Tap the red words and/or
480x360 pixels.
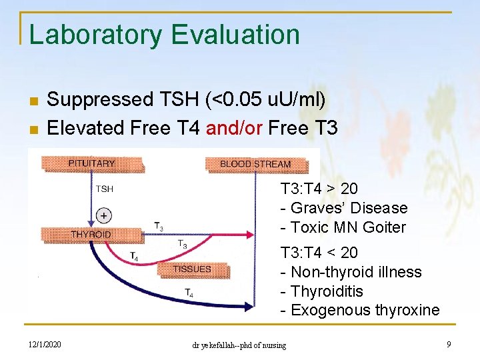(x=233, y=127)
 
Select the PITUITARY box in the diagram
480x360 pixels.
(x=91, y=163)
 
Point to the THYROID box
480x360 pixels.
(x=91, y=234)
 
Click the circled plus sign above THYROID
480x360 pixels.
(x=103, y=215)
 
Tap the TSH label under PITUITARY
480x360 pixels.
(x=105, y=189)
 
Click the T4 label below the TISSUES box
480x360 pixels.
(x=189, y=292)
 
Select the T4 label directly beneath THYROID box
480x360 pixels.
(x=133, y=256)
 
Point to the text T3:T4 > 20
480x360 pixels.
(x=319, y=189)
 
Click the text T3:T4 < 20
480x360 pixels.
(x=319, y=253)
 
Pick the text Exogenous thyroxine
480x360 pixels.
(x=360, y=310)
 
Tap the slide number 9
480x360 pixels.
(x=449, y=344)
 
